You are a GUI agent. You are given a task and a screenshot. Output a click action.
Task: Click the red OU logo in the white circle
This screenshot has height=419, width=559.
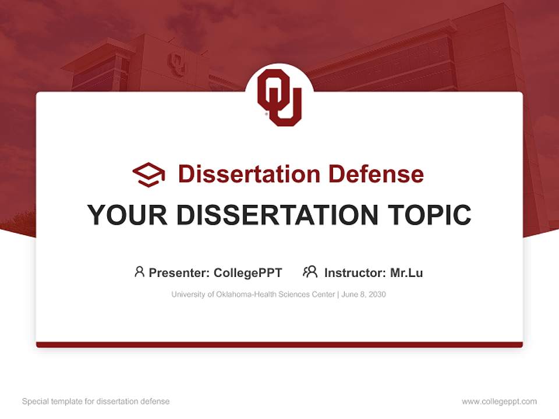279,97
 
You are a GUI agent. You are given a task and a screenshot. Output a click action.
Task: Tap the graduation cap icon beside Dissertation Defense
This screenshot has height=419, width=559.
148,174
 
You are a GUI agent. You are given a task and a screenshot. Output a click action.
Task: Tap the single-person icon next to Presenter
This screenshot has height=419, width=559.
139,272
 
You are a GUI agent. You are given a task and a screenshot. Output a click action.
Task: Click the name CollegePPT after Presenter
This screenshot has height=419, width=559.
248,272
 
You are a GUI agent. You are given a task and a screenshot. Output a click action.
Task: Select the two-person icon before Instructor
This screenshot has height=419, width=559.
310,272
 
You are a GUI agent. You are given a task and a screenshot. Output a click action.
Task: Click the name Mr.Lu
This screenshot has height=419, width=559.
406,272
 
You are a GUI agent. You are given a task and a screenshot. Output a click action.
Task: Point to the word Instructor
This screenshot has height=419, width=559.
355,272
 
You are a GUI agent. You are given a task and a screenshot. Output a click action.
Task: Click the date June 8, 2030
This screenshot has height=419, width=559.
364,294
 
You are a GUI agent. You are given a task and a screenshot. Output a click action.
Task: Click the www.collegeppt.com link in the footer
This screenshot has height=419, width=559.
499,402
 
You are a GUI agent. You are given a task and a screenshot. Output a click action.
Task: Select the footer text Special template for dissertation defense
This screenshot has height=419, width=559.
96,402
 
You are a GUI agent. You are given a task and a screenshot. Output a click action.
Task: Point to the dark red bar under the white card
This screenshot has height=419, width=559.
279,345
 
